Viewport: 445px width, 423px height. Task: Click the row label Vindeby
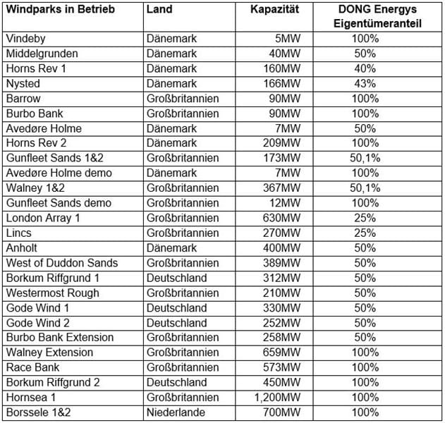pyautogui.click(x=28, y=39)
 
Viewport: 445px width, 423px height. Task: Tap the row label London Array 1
pyautogui.click(x=43, y=218)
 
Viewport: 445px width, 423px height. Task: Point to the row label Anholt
pyautogui.click(x=23, y=247)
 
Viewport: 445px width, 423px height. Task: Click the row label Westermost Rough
pyautogui.click(x=52, y=293)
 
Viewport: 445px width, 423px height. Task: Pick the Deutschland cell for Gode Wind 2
pyautogui.click(x=177, y=322)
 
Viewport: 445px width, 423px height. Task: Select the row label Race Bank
pyautogui.click(x=32, y=367)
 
